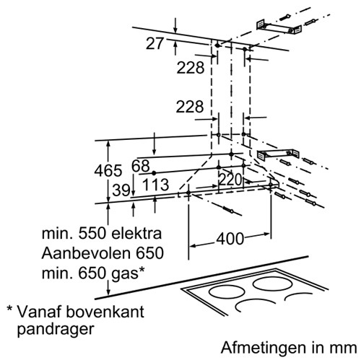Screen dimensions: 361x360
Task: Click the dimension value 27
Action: pyautogui.click(x=155, y=43)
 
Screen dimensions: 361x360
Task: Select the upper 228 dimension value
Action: pyautogui.click(x=191, y=68)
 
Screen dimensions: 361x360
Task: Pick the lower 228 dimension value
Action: pyautogui.click(x=190, y=107)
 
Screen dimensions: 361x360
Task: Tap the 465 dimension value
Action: pyautogui.click(x=108, y=171)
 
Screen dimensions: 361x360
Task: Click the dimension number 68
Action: pyautogui.click(x=141, y=166)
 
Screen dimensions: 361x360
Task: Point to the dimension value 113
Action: pyautogui.click(x=156, y=185)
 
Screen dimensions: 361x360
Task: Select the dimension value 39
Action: pyautogui.click(x=121, y=190)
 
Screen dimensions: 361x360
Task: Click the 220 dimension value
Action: pyautogui.click(x=230, y=180)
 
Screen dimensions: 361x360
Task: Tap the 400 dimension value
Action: pyautogui.click(x=230, y=239)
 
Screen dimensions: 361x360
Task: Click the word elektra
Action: pyautogui.click(x=136, y=234)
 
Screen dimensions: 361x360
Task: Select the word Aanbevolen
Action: pyautogui.click(x=86, y=253)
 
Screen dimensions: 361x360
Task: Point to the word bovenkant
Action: pyautogui.click(x=105, y=312)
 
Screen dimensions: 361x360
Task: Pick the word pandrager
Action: pyautogui.click(x=56, y=330)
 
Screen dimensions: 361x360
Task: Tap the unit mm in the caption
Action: pyautogui.click(x=344, y=349)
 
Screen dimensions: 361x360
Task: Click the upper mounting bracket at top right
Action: pyautogui.click(x=279, y=29)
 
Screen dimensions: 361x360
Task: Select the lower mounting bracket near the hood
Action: pyautogui.click(x=279, y=154)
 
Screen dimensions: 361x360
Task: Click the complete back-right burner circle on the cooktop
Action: pyautogui.click(x=272, y=284)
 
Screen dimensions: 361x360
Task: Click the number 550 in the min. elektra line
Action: pyautogui.click(x=92, y=234)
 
